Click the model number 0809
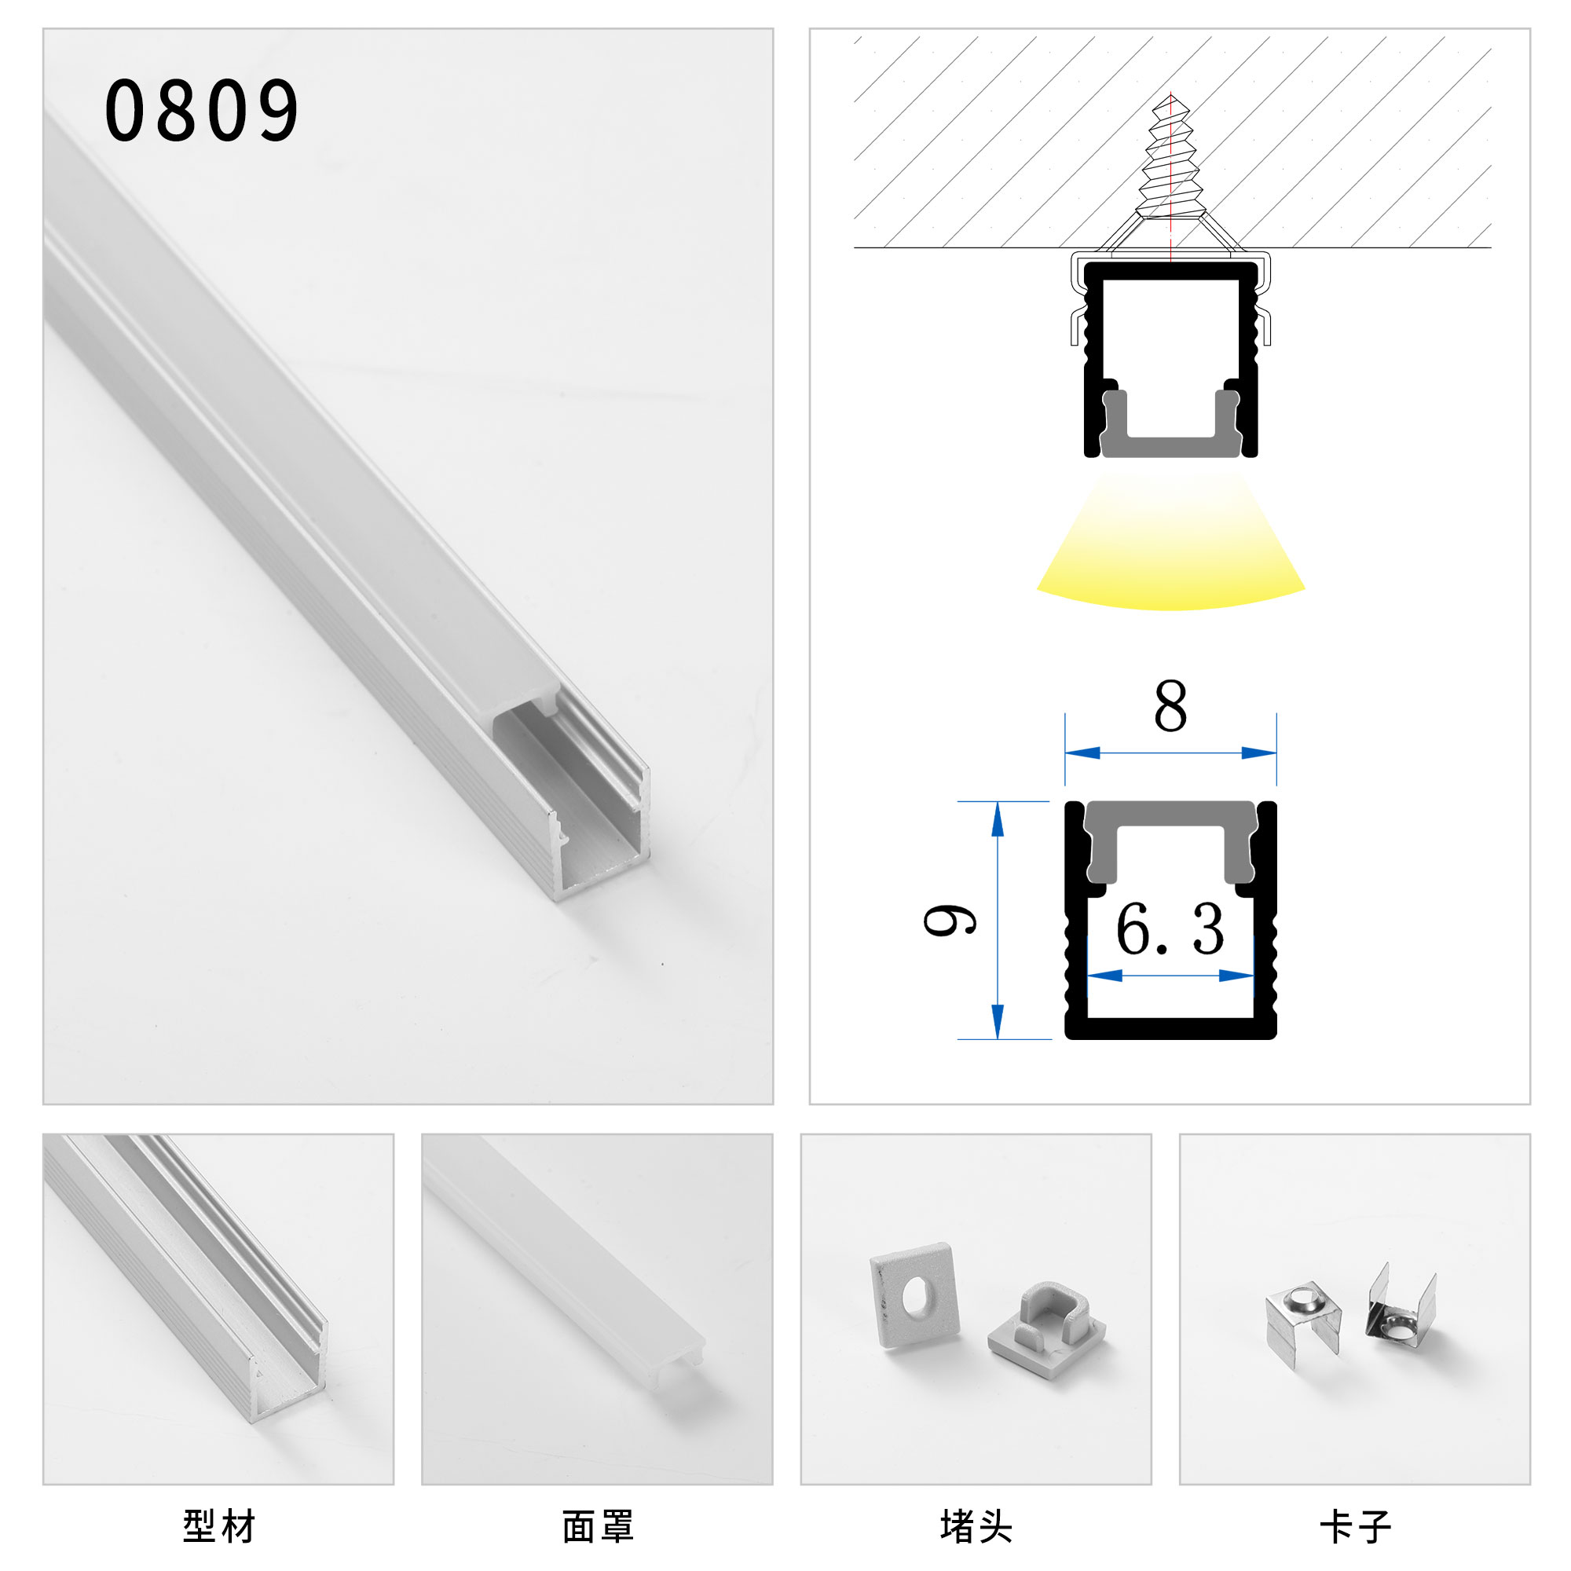pos(202,111)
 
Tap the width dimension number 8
pos(1170,706)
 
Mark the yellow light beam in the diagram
pos(1170,553)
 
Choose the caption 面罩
pos(598,1526)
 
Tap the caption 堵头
pos(976,1526)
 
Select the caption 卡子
pos(1355,1526)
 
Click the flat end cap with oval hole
pos(914,1294)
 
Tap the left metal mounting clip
pos(1302,1318)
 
